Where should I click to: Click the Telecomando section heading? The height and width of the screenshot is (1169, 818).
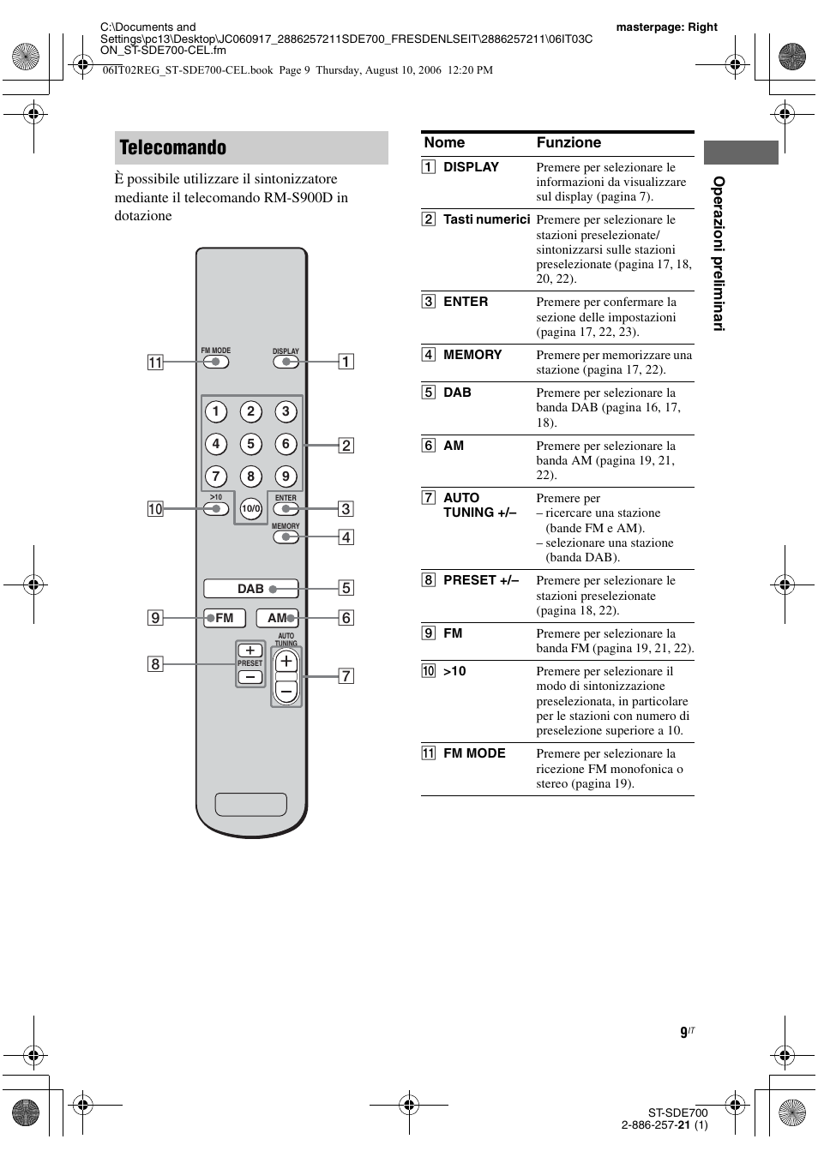point(173,148)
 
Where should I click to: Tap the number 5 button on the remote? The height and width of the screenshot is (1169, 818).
point(250,444)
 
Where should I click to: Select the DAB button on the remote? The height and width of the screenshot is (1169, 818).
point(250,589)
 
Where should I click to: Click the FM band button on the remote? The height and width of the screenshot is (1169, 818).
point(225,618)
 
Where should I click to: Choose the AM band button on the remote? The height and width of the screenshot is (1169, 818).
point(277,618)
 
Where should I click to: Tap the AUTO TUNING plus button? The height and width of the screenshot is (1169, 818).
point(286,662)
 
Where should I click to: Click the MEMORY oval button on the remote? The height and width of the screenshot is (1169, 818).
point(286,537)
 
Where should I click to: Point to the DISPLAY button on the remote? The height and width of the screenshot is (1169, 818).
point(286,362)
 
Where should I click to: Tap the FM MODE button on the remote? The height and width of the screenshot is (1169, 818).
point(215,362)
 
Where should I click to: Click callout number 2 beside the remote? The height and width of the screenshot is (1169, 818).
point(346,446)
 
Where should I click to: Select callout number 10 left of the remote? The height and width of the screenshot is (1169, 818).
point(155,509)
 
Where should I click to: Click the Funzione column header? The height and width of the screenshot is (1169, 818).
point(568,143)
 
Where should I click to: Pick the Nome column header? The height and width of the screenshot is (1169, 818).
point(444,143)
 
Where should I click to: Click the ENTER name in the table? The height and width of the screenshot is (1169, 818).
point(466,302)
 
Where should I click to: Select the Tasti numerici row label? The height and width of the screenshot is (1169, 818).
point(486,219)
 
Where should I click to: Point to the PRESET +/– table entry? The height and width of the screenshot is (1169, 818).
point(480,580)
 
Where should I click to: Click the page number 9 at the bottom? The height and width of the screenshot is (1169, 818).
point(684,1033)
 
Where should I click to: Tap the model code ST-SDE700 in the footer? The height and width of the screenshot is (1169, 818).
point(677,1112)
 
